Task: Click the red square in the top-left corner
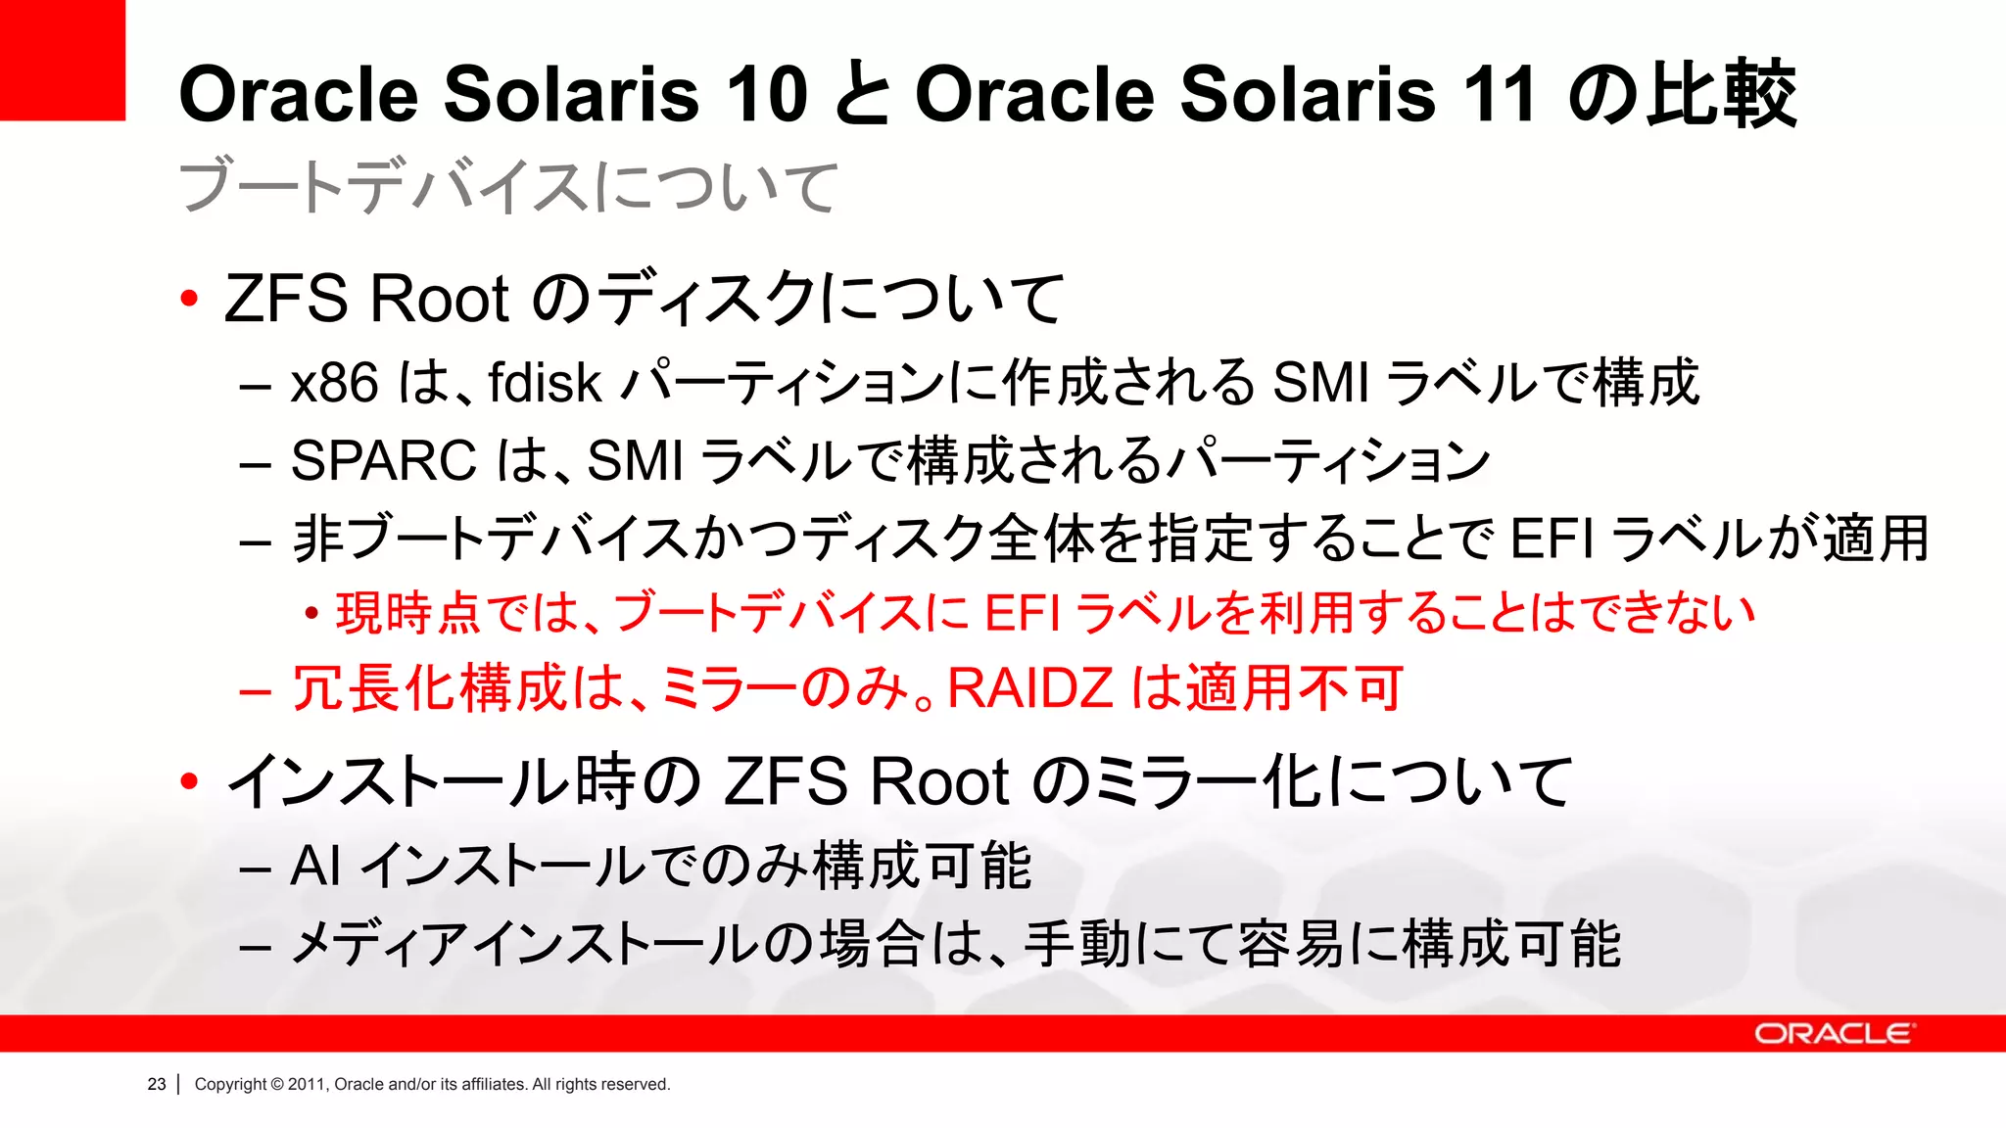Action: coord(62,60)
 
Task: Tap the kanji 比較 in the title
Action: coord(1721,95)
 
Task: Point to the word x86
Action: coord(334,383)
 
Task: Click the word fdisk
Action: coord(544,383)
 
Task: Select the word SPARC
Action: coord(383,460)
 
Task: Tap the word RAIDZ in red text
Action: coord(1030,687)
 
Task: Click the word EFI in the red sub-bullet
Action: coord(1022,614)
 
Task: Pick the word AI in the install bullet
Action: coord(315,867)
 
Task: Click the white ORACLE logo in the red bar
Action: coord(1833,1034)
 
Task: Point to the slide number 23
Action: coord(157,1084)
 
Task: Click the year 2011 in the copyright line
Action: coord(307,1084)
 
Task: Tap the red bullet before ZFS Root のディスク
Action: coord(190,299)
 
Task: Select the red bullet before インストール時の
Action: coord(190,781)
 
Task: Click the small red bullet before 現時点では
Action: coord(311,614)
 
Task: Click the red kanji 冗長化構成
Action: coord(429,687)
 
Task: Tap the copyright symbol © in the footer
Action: coord(276,1084)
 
